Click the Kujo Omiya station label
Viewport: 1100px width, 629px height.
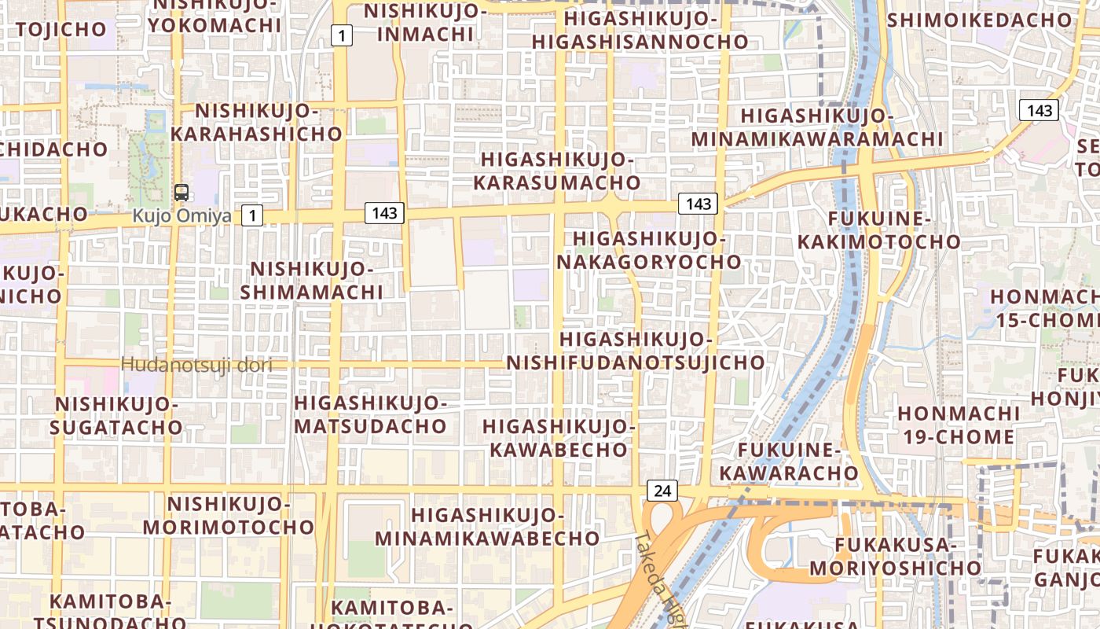[181, 215]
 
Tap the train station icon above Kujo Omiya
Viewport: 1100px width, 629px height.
[181, 192]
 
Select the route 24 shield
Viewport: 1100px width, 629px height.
[662, 491]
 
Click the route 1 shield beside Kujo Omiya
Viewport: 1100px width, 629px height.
[252, 215]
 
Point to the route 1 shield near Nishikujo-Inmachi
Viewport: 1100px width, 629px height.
[342, 35]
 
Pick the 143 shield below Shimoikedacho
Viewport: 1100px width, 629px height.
[1039, 110]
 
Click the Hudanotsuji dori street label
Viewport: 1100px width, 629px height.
[196, 365]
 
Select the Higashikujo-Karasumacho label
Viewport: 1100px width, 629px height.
[557, 171]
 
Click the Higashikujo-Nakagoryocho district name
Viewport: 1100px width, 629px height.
[649, 250]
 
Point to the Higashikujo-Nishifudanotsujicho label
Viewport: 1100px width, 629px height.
[635, 351]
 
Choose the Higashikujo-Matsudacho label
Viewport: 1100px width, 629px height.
[370, 414]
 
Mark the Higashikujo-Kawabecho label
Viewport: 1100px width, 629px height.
[559, 438]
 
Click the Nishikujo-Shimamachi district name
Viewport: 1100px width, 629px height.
[312, 281]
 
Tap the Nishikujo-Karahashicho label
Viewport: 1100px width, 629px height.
[257, 122]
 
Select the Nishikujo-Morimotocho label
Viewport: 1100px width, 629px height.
[229, 515]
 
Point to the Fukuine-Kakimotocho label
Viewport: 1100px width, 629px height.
[879, 230]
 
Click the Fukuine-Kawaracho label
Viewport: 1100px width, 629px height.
[789, 462]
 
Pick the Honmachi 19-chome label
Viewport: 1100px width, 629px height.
[959, 425]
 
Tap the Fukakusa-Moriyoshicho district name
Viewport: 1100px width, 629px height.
[896, 556]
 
